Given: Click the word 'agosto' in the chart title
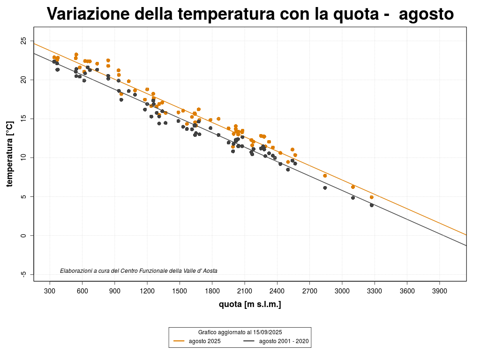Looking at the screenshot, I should point(426,14).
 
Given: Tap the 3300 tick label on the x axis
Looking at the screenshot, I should point(375,291).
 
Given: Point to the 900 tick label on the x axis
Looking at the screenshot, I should point(115,291).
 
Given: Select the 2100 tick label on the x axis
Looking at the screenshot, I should point(245,291).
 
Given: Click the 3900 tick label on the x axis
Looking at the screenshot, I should point(439,291).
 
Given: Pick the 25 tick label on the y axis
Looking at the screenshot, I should point(23,41).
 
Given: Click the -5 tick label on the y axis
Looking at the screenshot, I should point(23,274).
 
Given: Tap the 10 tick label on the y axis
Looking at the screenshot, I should point(23,157).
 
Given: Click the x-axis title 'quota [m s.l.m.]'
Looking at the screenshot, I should point(250,305).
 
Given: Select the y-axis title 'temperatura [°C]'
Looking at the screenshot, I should point(9,154).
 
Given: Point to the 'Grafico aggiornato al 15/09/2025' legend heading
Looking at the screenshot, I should point(240,332).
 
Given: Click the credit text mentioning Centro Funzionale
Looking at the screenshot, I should point(139,271).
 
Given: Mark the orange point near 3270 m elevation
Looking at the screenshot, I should point(372,197).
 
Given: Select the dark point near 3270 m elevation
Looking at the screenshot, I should point(372,205).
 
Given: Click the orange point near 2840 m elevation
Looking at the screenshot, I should point(325,176).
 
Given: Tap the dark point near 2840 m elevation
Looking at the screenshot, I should point(325,188).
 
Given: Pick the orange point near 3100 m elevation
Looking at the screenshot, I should point(353,187).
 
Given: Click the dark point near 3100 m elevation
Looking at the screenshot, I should point(353,198).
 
